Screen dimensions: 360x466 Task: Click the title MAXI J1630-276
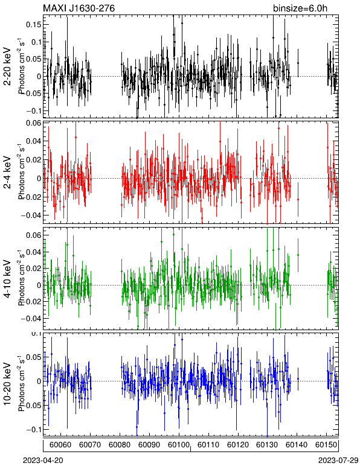[79, 8]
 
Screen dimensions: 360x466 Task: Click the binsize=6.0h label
[300, 8]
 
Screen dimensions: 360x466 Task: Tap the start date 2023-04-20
[43, 460]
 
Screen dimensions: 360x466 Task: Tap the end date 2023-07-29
[338, 460]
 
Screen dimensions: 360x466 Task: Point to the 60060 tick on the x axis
[60, 445]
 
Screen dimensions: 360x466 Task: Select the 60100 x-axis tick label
[179, 445]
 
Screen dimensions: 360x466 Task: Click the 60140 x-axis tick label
[297, 445]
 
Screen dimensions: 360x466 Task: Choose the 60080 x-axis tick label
[120, 445]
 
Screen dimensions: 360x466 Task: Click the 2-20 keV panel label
[7, 66]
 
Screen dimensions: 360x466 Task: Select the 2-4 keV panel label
[7, 173]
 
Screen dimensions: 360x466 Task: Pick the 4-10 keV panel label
[7, 279]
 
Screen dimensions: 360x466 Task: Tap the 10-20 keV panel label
[7, 384]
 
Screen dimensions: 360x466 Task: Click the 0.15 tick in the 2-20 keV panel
[34, 24]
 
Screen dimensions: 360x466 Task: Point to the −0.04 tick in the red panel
[31, 215]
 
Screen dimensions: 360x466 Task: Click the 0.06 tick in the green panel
[34, 235]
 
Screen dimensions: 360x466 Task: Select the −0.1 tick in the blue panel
[34, 429]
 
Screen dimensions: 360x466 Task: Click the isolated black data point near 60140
[298, 63]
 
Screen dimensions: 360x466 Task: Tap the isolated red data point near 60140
[298, 199]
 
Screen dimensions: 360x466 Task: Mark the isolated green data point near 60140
[298, 255]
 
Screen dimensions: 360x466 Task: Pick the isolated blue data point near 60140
[298, 379]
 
